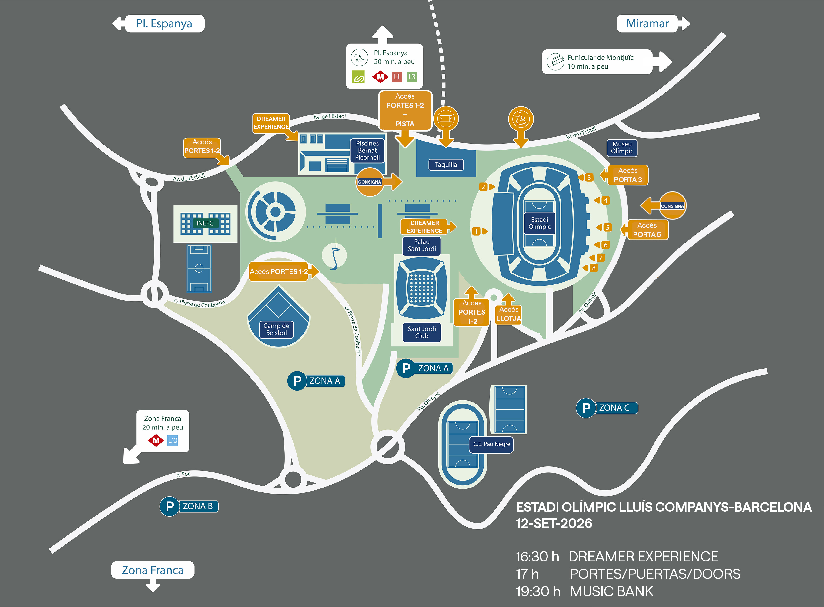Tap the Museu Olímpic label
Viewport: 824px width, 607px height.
pyautogui.click(x=622, y=148)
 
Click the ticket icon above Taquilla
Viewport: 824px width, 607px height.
pyautogui.click(x=446, y=119)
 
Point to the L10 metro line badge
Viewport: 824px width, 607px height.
pyautogui.click(x=172, y=440)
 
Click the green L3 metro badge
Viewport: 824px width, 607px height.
pyautogui.click(x=412, y=77)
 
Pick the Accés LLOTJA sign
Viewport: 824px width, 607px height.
pyautogui.click(x=509, y=314)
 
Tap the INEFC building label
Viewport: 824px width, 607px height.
pyautogui.click(x=205, y=223)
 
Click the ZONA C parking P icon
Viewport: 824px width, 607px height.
pyautogui.click(x=586, y=408)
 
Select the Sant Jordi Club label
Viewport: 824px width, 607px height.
pyautogui.click(x=422, y=332)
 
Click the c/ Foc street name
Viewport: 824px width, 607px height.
pyautogui.click(x=183, y=474)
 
